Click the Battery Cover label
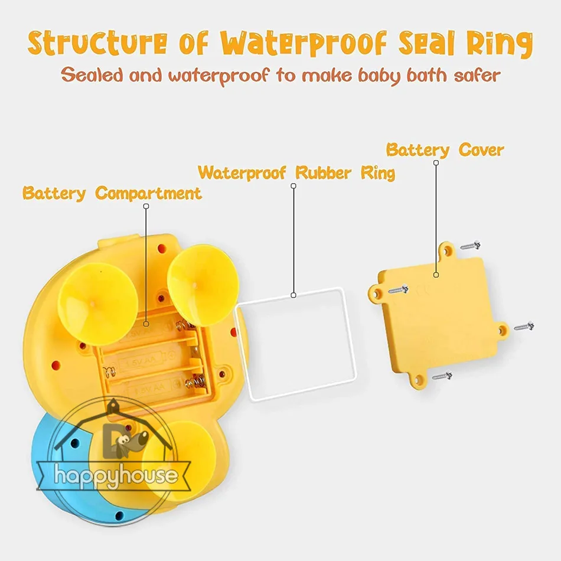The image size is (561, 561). pos(445,149)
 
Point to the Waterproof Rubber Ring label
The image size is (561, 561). pos(296,173)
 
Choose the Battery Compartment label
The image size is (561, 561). pos(112,193)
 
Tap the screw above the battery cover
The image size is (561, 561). pos(471,244)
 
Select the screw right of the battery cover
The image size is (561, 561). pos(524,325)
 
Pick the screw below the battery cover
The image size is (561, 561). pos(442,375)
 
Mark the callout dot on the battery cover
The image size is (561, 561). pos(436,275)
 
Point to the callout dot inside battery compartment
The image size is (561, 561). pos(146,324)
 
